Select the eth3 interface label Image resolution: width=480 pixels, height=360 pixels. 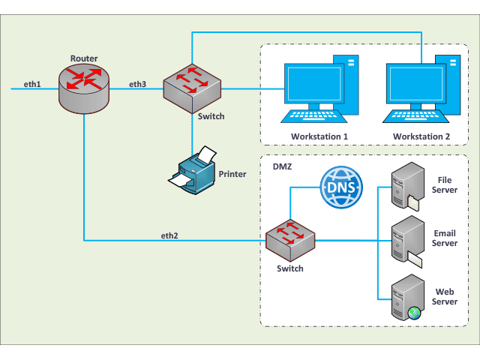(x=138, y=83)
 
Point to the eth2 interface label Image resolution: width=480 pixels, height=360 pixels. (x=169, y=235)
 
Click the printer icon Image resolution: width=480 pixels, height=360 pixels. (x=193, y=172)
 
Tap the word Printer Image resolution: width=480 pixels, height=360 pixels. (x=232, y=174)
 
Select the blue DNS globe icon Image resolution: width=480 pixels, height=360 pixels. (x=341, y=187)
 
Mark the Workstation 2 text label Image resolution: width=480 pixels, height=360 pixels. (x=421, y=136)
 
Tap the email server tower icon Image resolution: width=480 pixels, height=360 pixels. (x=406, y=240)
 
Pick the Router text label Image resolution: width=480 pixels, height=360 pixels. (x=84, y=58)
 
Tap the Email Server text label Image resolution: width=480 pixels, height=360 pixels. (x=445, y=238)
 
